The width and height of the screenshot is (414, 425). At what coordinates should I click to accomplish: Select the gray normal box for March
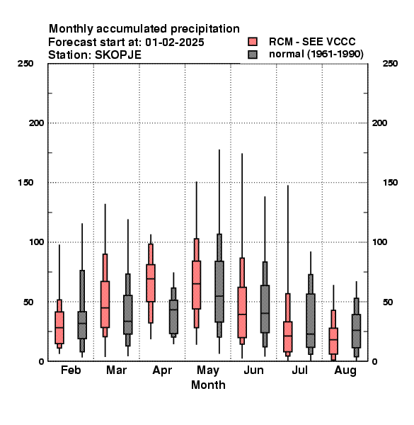[128, 314]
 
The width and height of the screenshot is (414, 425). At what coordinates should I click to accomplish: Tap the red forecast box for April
[151, 283]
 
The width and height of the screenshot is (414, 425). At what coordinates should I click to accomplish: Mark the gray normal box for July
[311, 320]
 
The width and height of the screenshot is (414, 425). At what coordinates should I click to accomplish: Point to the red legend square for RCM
[253, 42]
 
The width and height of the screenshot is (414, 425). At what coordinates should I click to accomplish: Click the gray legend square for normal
[253, 55]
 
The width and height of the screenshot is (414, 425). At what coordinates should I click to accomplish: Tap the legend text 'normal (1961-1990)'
[316, 55]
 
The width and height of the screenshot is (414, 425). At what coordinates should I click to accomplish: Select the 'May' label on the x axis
[208, 370]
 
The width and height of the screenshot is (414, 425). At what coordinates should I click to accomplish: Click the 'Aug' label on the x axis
[345, 370]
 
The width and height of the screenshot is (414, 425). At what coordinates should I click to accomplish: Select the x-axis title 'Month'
[208, 385]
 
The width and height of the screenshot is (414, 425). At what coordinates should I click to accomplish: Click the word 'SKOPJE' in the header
[118, 55]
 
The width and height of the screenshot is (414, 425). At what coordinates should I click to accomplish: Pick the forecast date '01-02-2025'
[175, 42]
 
